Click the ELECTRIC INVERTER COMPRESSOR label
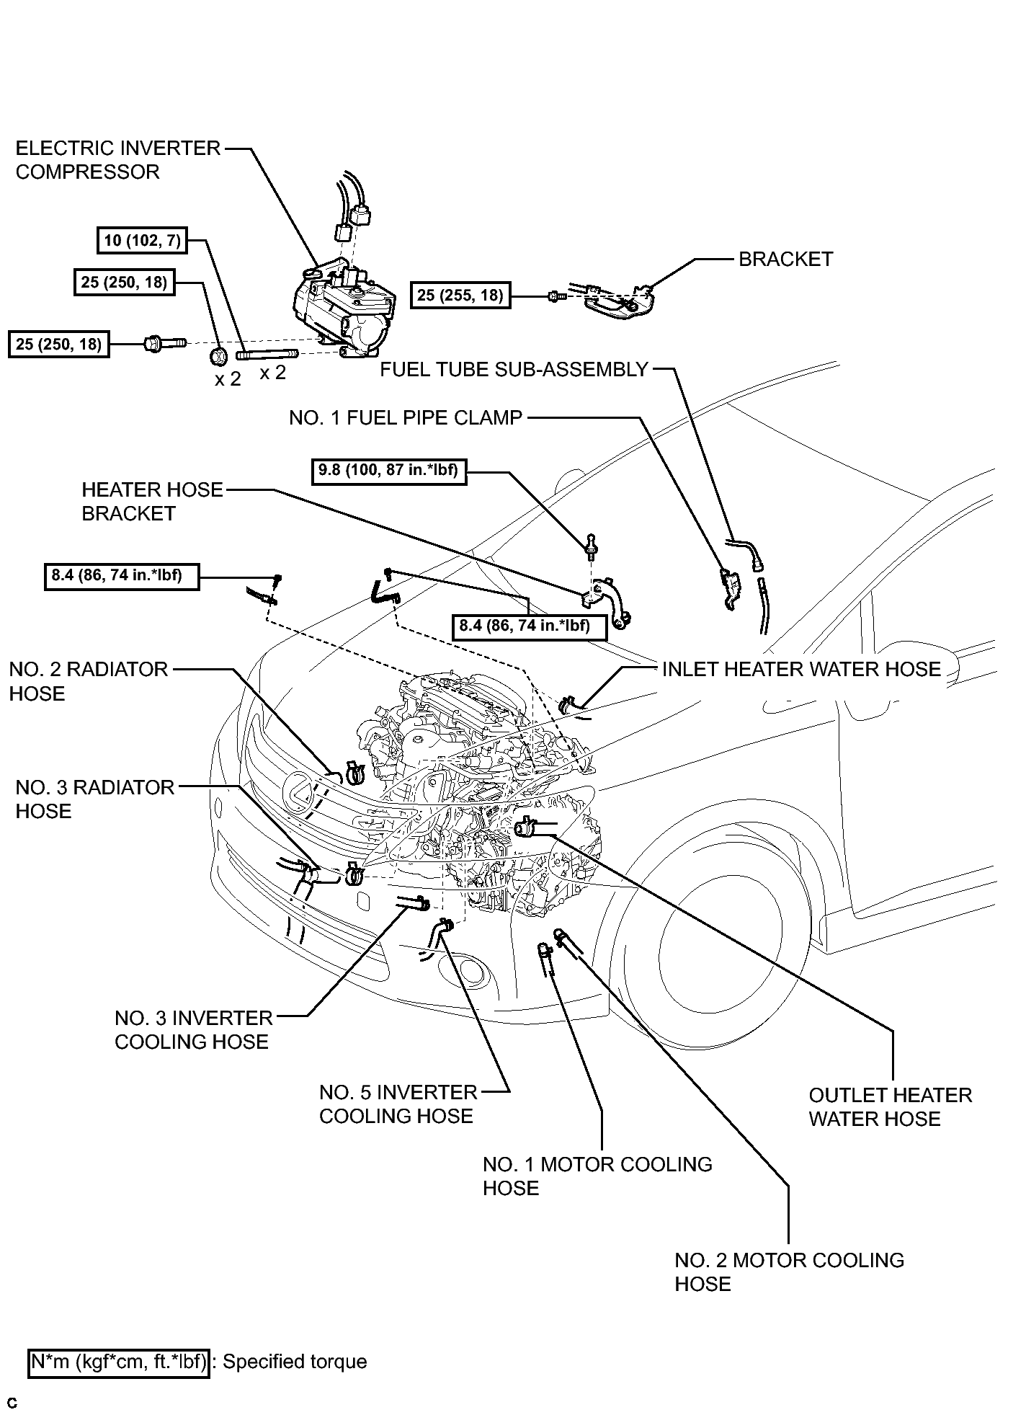pyautogui.click(x=118, y=160)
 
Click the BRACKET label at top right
pyautogui.click(x=786, y=260)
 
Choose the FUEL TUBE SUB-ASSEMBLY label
pyautogui.click(x=514, y=370)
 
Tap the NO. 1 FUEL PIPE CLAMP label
pyautogui.click(x=406, y=418)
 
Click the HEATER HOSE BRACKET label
pyautogui.click(x=152, y=502)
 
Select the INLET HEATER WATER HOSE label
pyautogui.click(x=801, y=670)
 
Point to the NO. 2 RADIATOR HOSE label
pyautogui.click(x=88, y=681)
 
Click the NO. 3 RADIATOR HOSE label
pyautogui.click(x=94, y=799)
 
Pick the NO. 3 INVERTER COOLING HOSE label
pyautogui.click(x=194, y=1029)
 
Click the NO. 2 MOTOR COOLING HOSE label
pyautogui.click(x=789, y=1272)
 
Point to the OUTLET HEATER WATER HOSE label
pyautogui.click(x=890, y=1106)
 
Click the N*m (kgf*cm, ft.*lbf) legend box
pyautogui.click(x=119, y=1362)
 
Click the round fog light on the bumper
pyautogui.click(x=473, y=971)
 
